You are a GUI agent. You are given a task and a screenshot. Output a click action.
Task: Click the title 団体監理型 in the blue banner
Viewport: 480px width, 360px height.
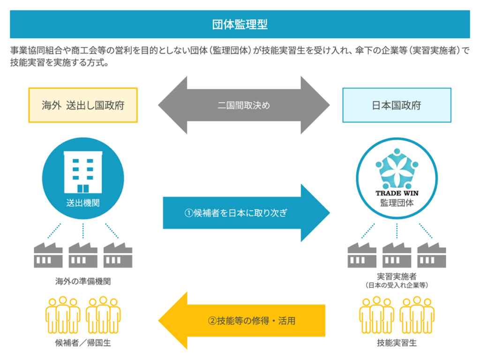240,24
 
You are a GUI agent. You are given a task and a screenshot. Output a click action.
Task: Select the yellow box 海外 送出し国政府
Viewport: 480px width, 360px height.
83,105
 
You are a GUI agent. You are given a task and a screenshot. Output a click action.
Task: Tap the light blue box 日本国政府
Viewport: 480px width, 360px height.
397,105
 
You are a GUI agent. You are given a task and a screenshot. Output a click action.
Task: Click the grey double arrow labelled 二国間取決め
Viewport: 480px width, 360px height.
244,105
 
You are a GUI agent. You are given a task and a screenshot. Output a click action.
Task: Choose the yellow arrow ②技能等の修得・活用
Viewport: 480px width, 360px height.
244,321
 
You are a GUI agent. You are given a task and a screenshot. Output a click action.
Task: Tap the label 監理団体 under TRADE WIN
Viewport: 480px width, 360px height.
397,203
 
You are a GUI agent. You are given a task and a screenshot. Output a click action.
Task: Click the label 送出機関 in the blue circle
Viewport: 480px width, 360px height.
83,203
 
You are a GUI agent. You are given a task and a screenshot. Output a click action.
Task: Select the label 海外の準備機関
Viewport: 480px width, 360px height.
83,282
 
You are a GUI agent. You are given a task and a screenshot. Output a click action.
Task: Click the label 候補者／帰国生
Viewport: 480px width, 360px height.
83,343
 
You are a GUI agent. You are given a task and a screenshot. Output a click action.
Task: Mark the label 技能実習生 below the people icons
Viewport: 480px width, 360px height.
397,343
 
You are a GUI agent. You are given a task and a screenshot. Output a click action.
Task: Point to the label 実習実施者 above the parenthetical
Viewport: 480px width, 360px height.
397,277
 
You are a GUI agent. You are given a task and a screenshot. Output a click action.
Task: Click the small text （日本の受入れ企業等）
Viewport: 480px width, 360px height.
397,285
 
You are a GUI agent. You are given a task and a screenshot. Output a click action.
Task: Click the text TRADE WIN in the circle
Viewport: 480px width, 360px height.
397,192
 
